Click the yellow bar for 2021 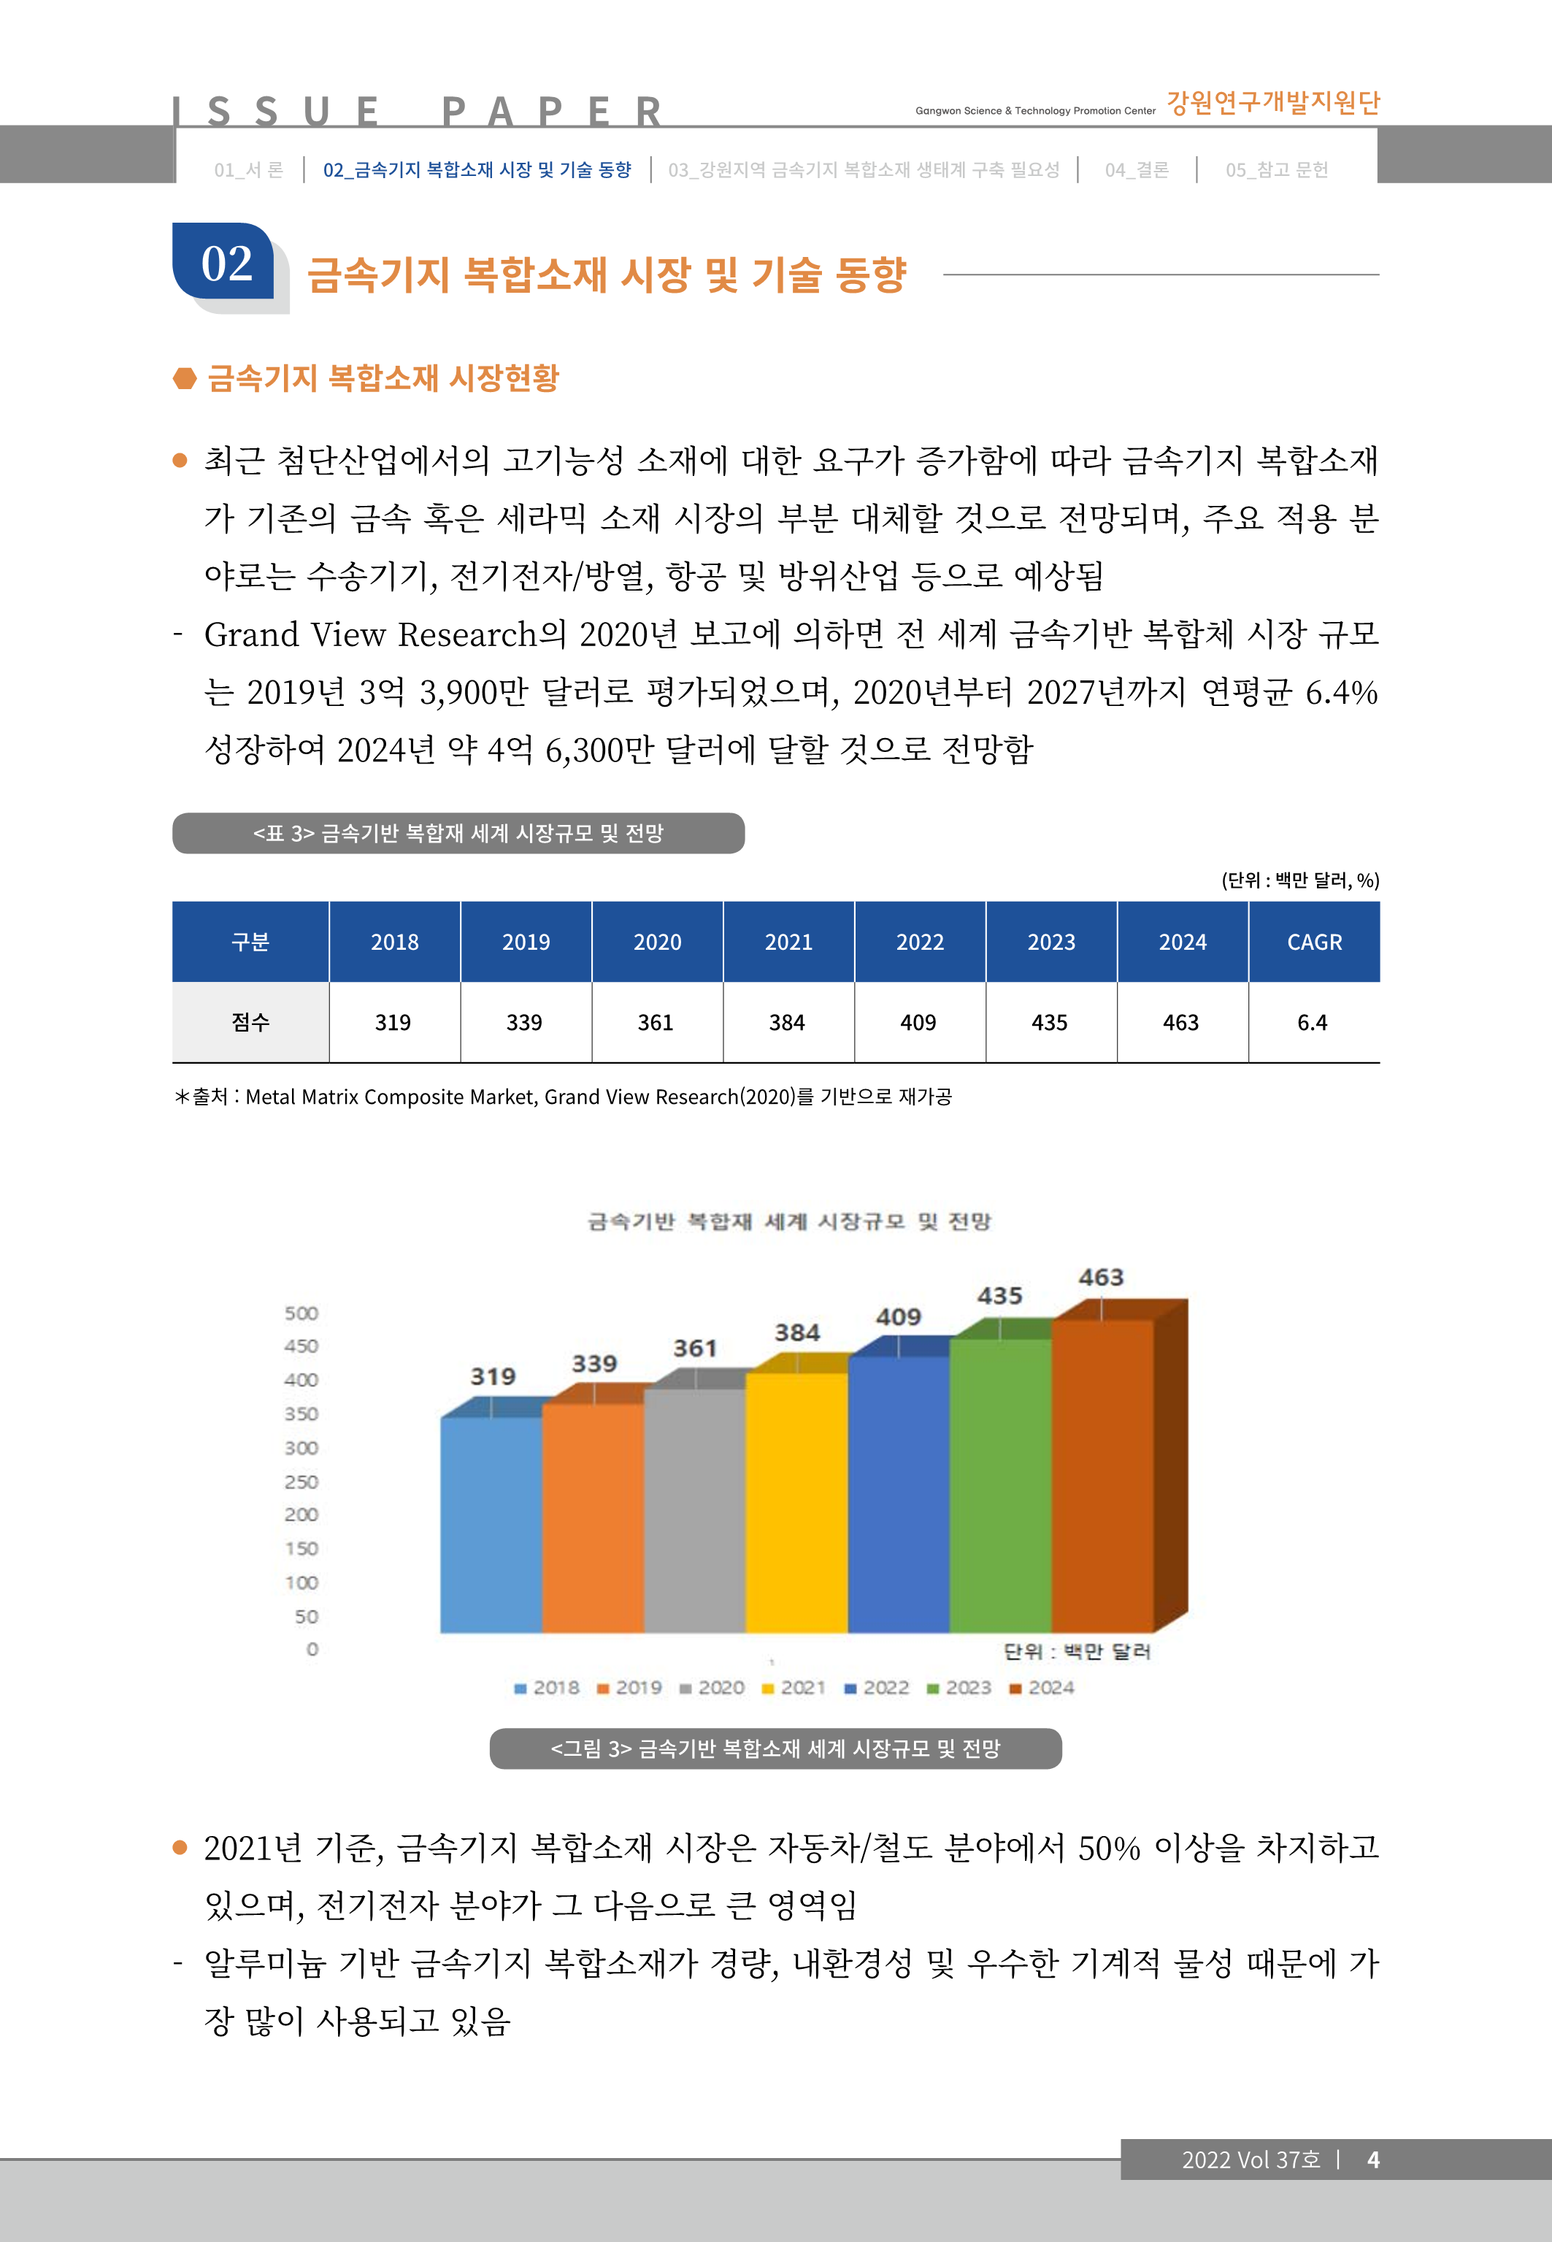[796, 1502]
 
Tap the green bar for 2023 [999, 1485]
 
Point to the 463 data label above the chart [1101, 1278]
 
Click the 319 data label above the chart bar [493, 1377]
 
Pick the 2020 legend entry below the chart [712, 1688]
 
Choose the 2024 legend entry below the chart [1042, 1688]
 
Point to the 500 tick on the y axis [301, 1313]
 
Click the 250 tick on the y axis [301, 1482]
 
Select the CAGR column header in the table [1314, 942]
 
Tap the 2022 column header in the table [920, 942]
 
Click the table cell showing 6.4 [1312, 1023]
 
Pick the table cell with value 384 [787, 1023]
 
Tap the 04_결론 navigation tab [1136, 170]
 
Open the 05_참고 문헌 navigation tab [1276, 170]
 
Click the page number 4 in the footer [1373, 2160]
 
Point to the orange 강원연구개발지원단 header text [1273, 102]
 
